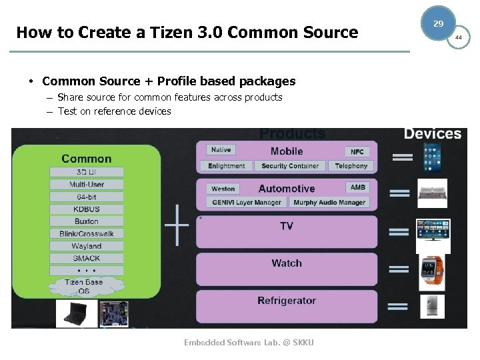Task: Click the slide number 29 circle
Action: pyautogui.click(x=438, y=23)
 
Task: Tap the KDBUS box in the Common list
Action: pyautogui.click(x=86, y=209)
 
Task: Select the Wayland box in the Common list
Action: pyautogui.click(x=86, y=246)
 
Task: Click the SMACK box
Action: pyautogui.click(x=86, y=258)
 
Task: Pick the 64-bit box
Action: pyautogui.click(x=86, y=197)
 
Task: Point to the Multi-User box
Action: pyautogui.click(x=86, y=185)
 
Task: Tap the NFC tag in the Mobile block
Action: pyautogui.click(x=357, y=152)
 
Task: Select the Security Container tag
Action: pyautogui.click(x=290, y=166)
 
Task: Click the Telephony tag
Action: pyautogui.click(x=351, y=166)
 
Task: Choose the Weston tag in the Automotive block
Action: pyautogui.click(x=223, y=189)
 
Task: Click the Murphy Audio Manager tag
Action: pyautogui.click(x=329, y=203)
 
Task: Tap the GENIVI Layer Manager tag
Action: pyautogui.click(x=247, y=203)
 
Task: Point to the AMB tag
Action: pyautogui.click(x=358, y=188)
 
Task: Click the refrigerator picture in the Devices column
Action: pyautogui.click(x=432, y=306)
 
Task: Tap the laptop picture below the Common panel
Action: pyautogui.click(x=75, y=313)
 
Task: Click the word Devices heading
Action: pyautogui.click(x=432, y=134)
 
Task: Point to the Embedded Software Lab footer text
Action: pyautogui.click(x=249, y=343)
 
